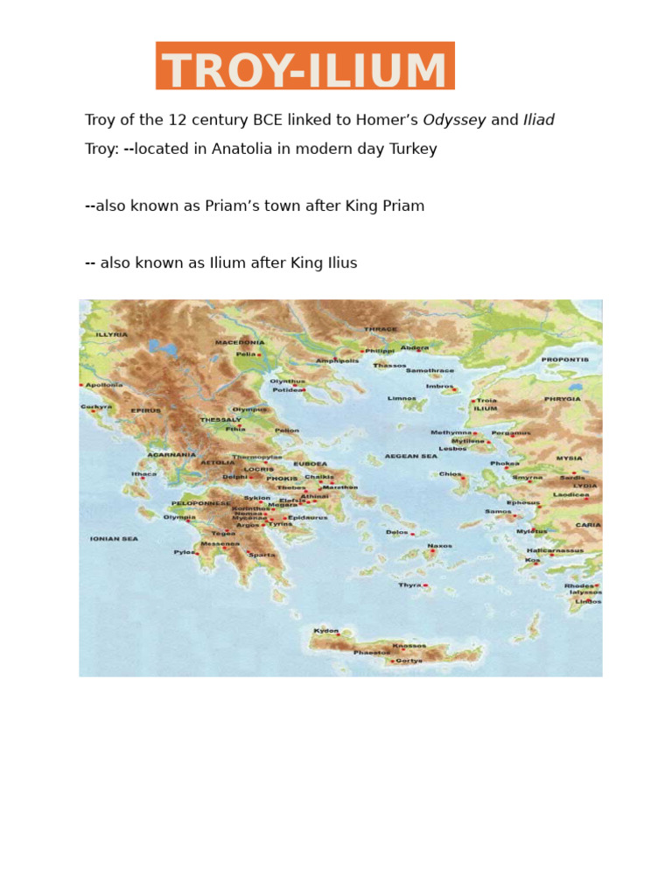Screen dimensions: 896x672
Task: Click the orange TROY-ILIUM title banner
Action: click(x=304, y=66)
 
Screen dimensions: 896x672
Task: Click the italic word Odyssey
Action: click(x=454, y=121)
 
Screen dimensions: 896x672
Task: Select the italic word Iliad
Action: click(x=538, y=121)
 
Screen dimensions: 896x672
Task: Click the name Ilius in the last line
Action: click(x=340, y=263)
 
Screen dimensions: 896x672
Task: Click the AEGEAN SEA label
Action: click(x=410, y=456)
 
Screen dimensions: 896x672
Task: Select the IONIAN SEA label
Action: click(x=114, y=539)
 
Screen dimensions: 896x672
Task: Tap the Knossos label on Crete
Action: click(x=409, y=646)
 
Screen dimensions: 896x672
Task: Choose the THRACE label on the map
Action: click(x=380, y=330)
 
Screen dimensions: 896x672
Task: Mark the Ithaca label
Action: click(x=143, y=474)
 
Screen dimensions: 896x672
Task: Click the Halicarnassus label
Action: click(x=555, y=551)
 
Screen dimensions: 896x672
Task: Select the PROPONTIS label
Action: click(x=564, y=360)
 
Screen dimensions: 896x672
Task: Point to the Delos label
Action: click(x=397, y=532)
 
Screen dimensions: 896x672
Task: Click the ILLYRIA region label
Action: click(x=111, y=334)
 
